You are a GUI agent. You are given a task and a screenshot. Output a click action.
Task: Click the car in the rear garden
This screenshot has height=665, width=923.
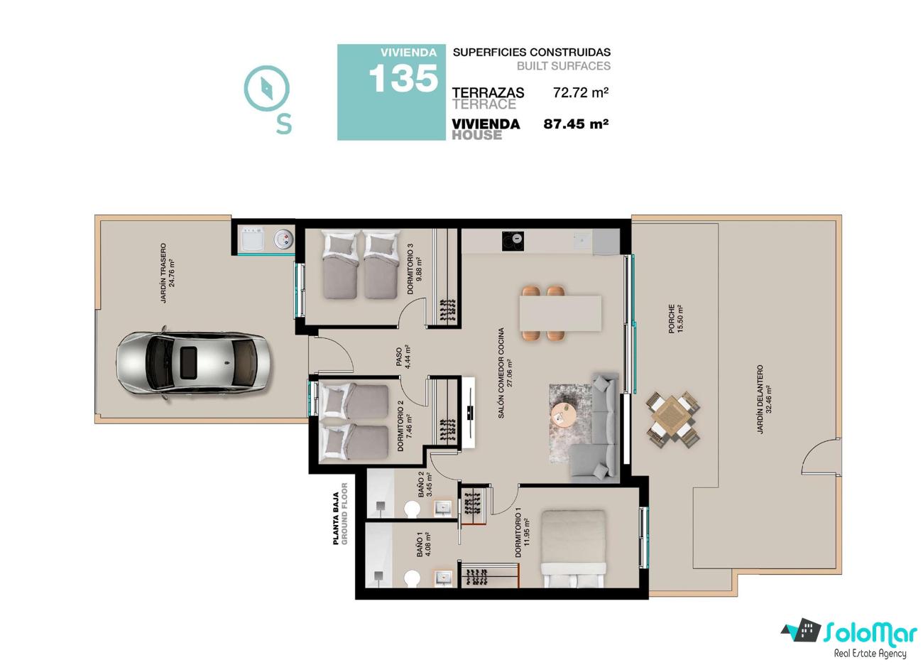[194, 363]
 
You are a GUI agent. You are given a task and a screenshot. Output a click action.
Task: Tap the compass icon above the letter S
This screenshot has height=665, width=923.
[266, 88]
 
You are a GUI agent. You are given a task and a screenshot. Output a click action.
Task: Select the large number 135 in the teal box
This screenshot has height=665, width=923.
[403, 78]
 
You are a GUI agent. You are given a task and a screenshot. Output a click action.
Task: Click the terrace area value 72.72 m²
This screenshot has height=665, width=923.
[581, 92]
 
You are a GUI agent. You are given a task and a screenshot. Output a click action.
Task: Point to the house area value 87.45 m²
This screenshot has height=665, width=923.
[576, 124]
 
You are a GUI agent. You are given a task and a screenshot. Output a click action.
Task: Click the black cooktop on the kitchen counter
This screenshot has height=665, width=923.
[513, 241]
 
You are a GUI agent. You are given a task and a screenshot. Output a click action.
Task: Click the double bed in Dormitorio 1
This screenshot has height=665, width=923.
[573, 548]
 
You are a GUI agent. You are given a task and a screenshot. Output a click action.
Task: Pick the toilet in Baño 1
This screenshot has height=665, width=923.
[412, 578]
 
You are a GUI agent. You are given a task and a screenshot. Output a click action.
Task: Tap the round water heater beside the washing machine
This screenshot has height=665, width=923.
[283, 239]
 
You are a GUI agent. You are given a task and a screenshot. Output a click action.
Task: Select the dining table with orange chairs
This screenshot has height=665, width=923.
[560, 313]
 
